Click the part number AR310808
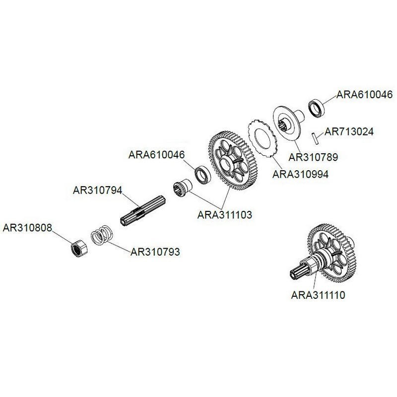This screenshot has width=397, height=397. [x=27, y=228]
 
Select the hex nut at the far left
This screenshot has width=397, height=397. [x=79, y=248]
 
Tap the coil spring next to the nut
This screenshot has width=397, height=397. [x=102, y=235]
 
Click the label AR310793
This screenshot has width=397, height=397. [x=155, y=252]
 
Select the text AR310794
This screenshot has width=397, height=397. [x=97, y=190]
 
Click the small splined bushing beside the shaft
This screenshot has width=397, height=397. [x=183, y=188]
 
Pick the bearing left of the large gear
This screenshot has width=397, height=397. [x=202, y=175]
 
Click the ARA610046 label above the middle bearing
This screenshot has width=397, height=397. [x=157, y=155]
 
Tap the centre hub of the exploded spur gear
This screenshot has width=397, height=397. [x=225, y=164]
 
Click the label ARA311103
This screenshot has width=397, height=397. [x=225, y=215]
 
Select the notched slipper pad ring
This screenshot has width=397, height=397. [x=262, y=138]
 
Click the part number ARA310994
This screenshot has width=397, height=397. [x=300, y=175]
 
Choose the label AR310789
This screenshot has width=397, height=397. [x=313, y=157]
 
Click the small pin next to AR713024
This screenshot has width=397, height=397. [x=315, y=138]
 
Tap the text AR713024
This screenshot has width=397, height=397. [x=349, y=132]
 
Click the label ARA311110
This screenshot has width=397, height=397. [x=318, y=295]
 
